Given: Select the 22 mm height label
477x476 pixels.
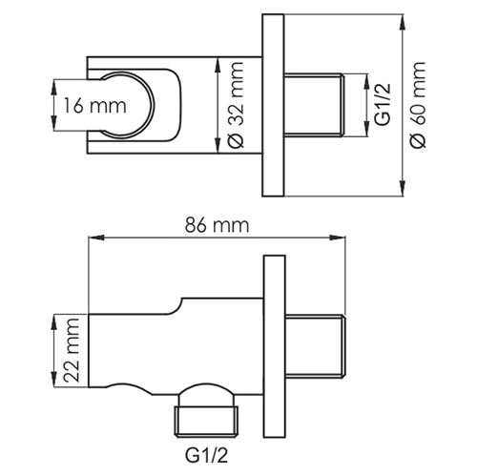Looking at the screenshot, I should click(67, 350).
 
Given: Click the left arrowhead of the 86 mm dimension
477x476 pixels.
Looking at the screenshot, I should click(93, 238).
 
